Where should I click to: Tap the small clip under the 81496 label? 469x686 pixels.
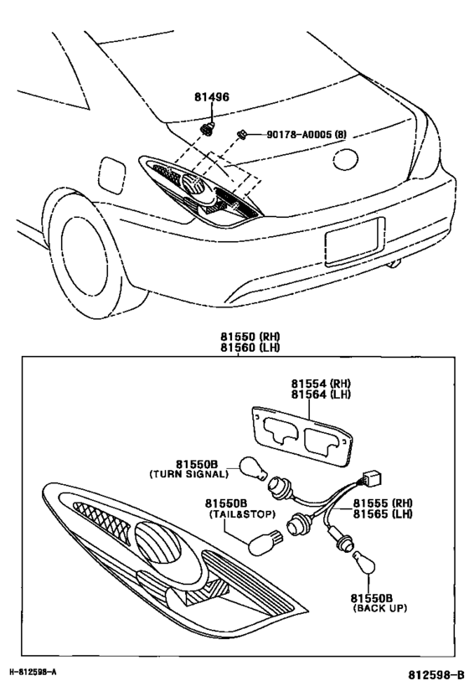(208, 128)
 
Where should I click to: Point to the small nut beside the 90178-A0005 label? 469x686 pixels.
(240, 133)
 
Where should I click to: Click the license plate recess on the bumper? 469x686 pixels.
(354, 242)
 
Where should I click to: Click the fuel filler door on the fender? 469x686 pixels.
(111, 175)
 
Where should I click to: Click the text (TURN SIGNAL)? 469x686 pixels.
(188, 474)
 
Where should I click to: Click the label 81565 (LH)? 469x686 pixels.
(381, 515)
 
